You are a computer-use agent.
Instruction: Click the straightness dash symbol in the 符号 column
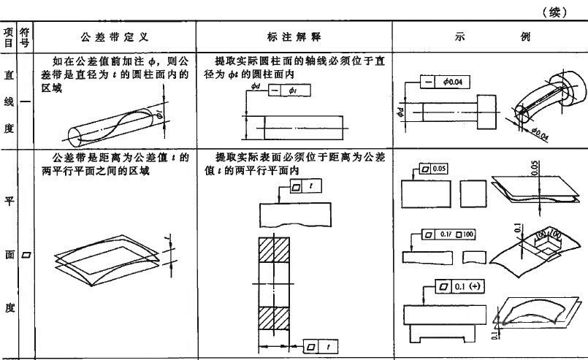click(25, 102)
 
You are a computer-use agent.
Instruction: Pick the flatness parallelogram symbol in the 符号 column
click(25, 256)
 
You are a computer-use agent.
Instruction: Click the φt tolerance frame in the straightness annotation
click(284, 91)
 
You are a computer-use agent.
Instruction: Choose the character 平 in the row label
click(9, 202)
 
